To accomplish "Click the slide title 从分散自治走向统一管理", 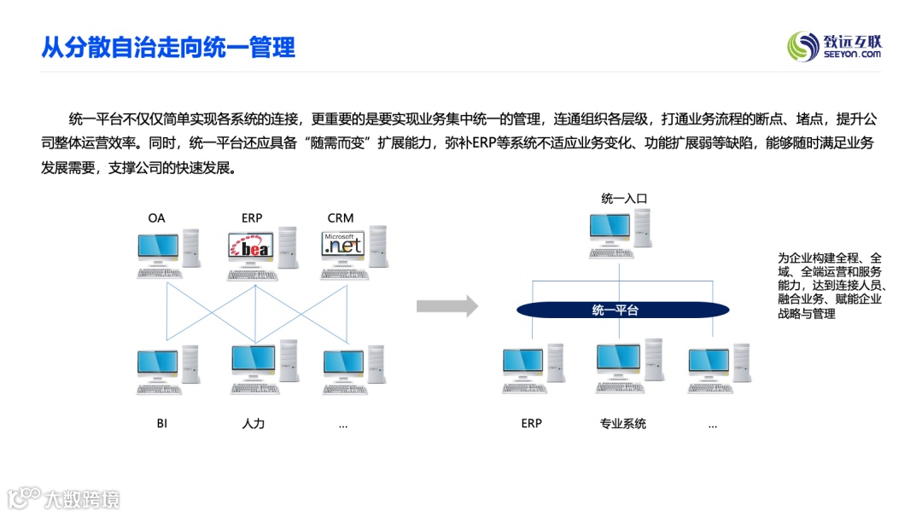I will coord(168,47).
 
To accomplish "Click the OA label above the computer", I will coord(156,217).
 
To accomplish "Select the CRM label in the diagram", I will coord(340,217).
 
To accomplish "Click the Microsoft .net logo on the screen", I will coord(343,245).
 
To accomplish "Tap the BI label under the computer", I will coord(161,423).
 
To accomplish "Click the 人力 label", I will coord(254,423).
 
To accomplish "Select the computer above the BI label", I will coord(166,370).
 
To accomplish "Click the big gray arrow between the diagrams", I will coord(447,306).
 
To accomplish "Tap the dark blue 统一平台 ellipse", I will coord(615,310).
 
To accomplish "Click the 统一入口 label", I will coord(624,199).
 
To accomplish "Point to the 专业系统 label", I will coord(623,423).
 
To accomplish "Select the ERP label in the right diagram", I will coord(531,423).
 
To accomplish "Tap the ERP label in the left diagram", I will coord(252,217).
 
